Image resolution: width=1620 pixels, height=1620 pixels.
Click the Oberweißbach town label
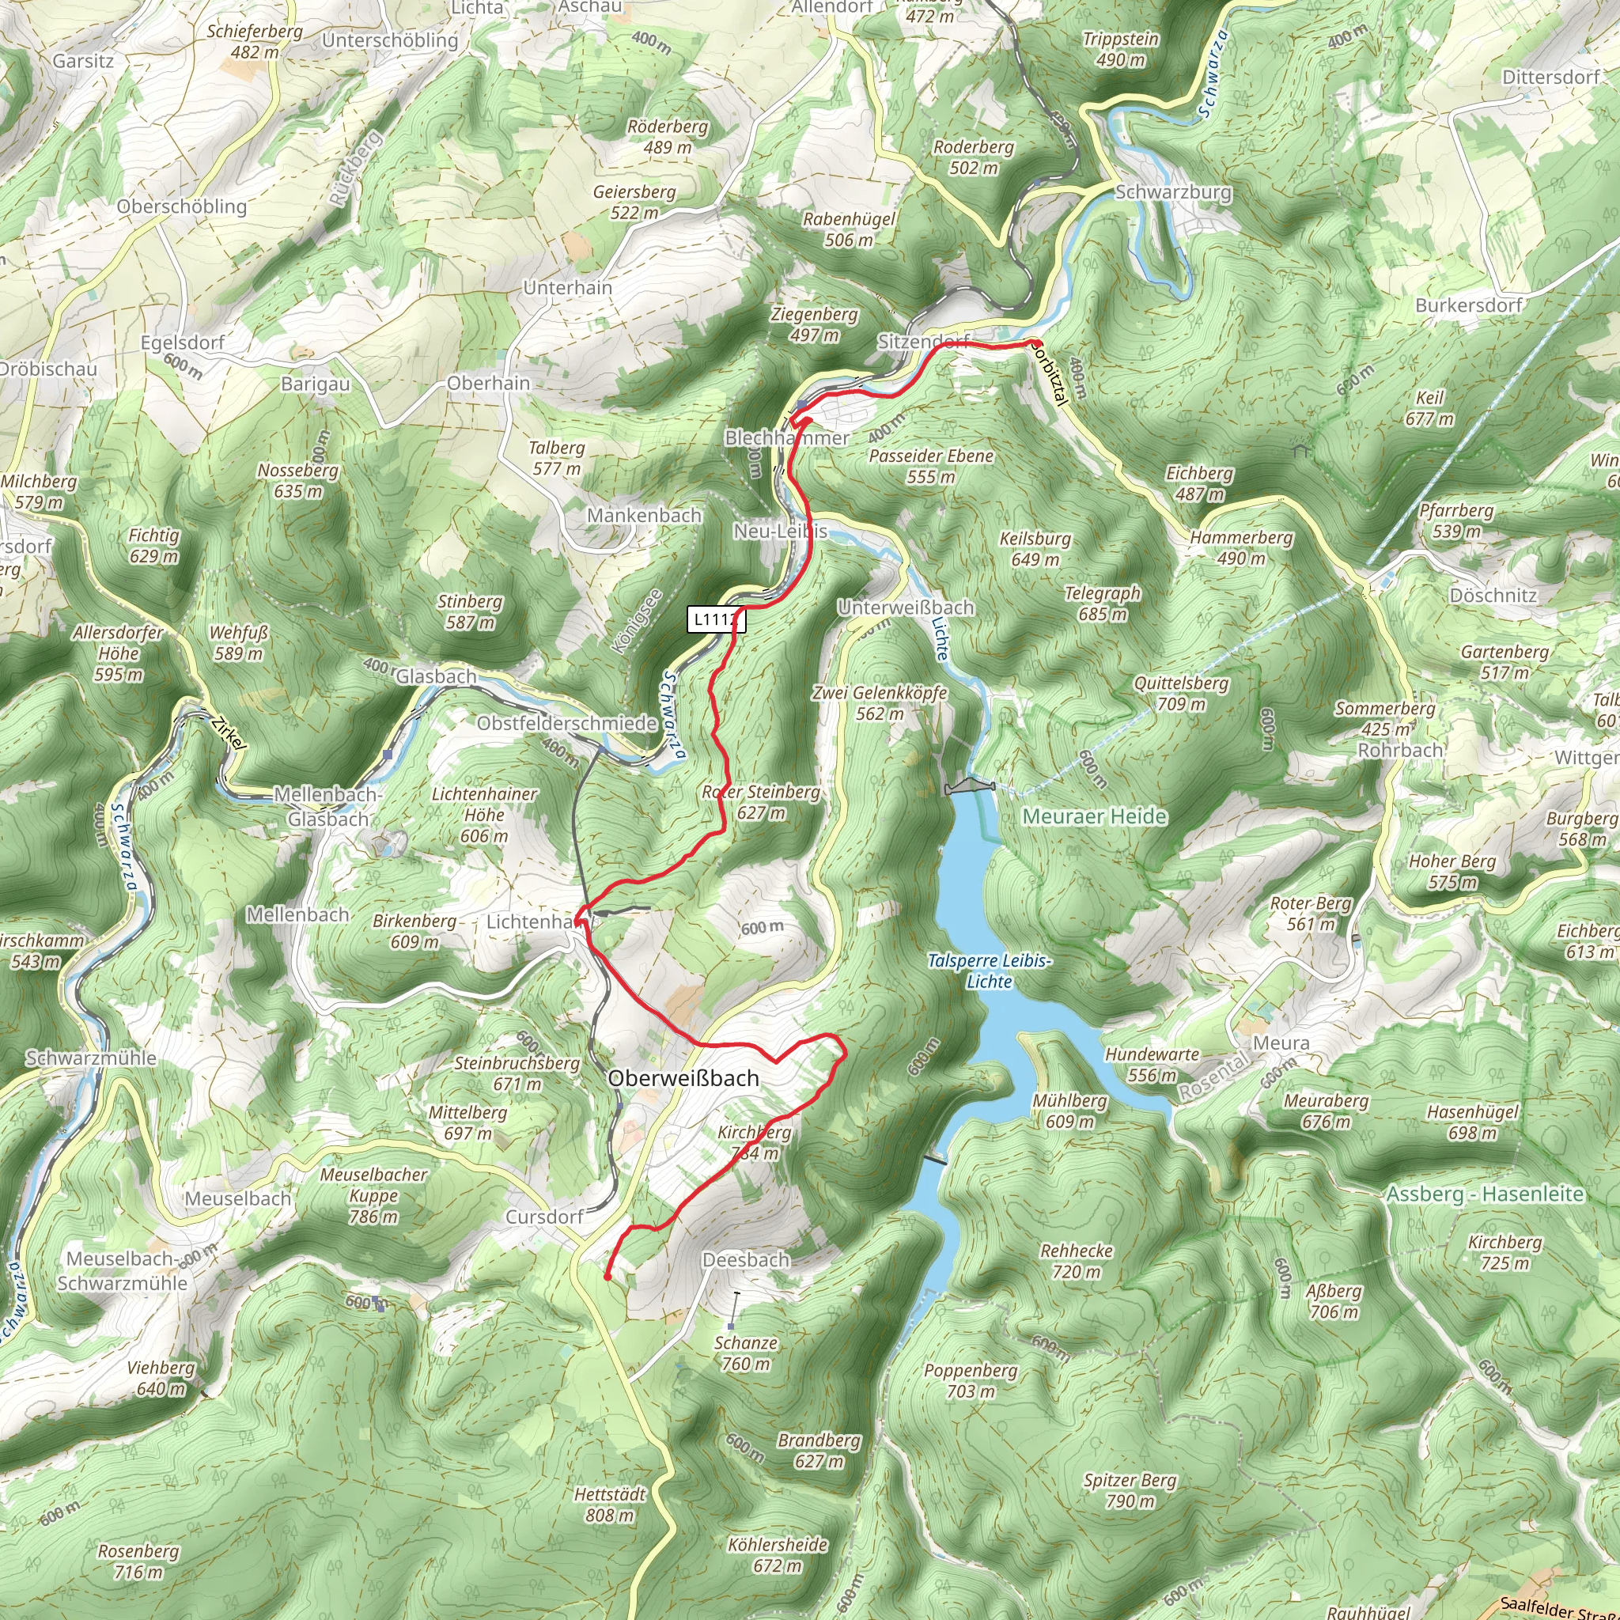click(x=683, y=1078)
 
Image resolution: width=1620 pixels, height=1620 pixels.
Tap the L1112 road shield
click(x=716, y=619)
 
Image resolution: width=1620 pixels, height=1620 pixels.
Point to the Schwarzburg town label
click(x=1173, y=192)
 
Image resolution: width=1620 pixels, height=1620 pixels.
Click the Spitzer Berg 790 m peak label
click(x=1130, y=1490)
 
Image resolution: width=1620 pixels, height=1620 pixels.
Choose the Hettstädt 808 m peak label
click(x=611, y=1505)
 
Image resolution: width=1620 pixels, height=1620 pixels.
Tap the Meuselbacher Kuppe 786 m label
click(x=374, y=1195)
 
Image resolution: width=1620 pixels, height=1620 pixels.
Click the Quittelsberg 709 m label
click(x=1182, y=694)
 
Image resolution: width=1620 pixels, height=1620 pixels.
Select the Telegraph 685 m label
click(x=1103, y=604)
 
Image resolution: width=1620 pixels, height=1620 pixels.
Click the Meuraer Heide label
click(x=1094, y=816)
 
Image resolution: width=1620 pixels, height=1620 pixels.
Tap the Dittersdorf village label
click(x=1550, y=78)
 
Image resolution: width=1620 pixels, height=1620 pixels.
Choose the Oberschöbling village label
click(x=182, y=206)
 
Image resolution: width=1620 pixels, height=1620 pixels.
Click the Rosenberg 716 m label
click(x=138, y=1561)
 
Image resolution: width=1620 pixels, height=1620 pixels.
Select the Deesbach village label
click(x=746, y=1259)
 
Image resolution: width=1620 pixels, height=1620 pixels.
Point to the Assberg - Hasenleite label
click(x=1485, y=1194)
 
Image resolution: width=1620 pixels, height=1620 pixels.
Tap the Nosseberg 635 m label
click(x=297, y=480)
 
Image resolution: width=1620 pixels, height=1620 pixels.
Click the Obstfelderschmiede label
click(x=567, y=723)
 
